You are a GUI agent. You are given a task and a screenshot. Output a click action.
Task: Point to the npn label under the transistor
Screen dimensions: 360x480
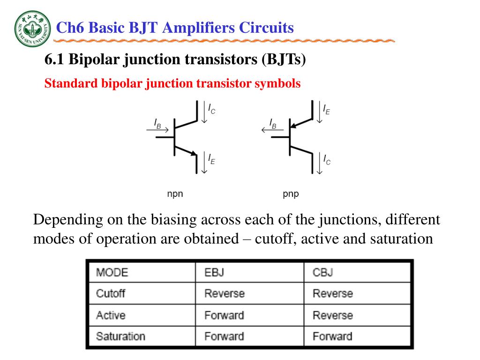[175, 194]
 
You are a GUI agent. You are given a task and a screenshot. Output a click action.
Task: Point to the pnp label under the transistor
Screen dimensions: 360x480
[291, 194]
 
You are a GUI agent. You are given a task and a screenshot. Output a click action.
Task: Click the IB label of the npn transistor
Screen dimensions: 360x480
[157, 123]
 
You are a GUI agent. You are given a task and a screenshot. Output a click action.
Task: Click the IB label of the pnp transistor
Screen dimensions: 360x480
[272, 123]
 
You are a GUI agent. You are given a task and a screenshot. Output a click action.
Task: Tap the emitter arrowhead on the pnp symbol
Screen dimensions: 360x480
[293, 125]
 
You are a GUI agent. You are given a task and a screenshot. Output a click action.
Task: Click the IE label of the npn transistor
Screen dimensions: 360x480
[212, 159]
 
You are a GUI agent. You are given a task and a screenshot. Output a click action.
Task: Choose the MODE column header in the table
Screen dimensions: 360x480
[112, 272]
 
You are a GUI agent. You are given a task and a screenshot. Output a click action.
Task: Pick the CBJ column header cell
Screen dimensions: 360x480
[323, 272]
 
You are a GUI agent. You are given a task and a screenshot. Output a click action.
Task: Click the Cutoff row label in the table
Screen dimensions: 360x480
[111, 294]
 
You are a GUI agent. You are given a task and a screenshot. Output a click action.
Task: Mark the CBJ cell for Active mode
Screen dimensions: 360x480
[333, 315]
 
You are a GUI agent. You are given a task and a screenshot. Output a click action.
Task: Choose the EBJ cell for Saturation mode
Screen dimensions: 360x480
[224, 336]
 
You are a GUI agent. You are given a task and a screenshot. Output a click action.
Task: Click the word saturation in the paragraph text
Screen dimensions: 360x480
[401, 239]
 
